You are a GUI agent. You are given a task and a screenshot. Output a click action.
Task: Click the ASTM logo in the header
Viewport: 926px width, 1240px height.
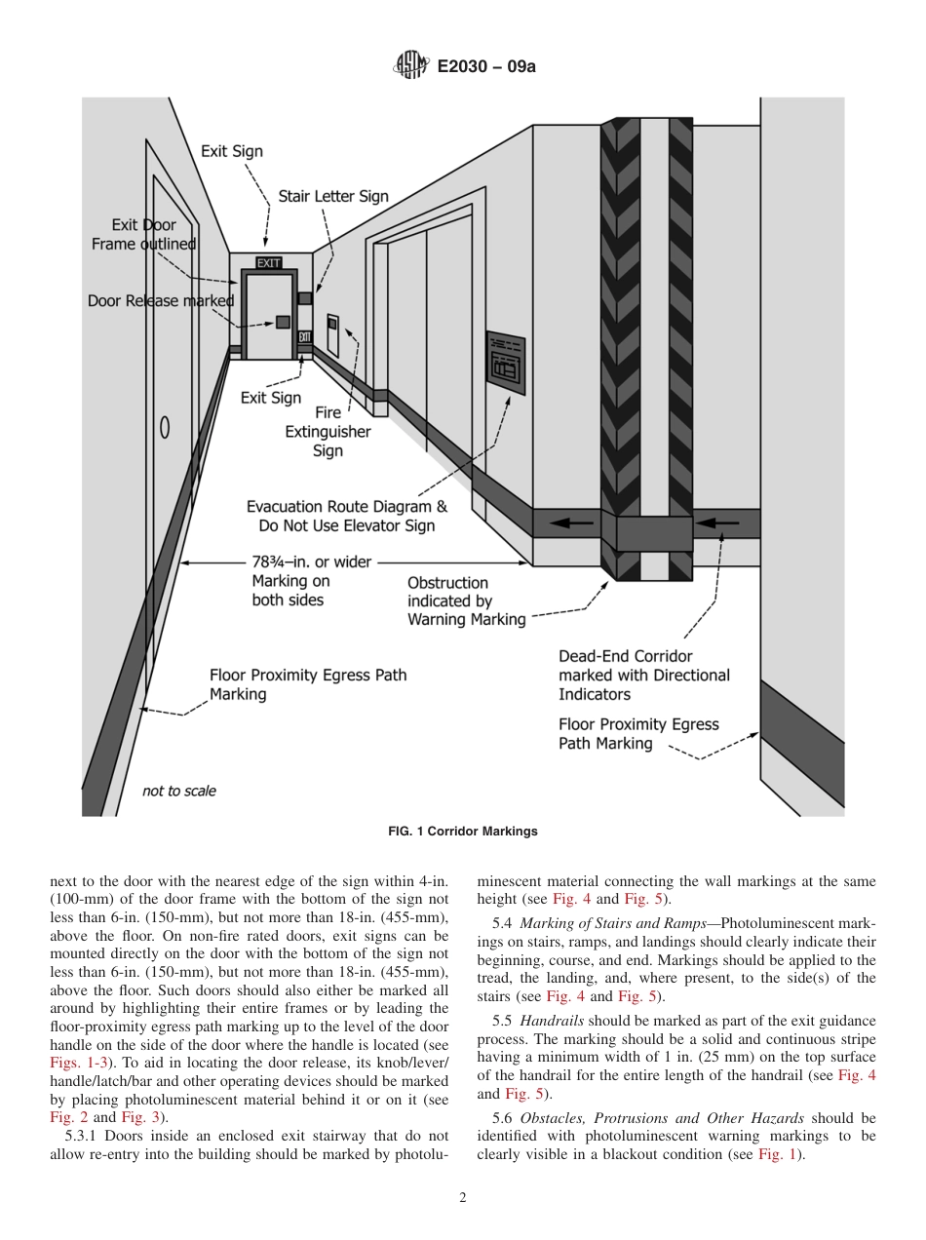(410, 66)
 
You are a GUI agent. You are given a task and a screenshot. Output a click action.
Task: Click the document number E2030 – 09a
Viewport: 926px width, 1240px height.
(486, 67)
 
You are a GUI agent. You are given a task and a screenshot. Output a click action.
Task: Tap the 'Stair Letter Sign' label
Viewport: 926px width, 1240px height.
(333, 196)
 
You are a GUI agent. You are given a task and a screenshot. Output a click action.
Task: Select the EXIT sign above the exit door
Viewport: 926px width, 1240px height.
(268, 263)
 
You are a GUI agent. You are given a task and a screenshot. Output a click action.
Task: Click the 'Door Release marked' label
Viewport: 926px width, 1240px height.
(161, 301)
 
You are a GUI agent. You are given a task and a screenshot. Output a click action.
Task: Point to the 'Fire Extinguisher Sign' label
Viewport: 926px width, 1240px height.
(328, 432)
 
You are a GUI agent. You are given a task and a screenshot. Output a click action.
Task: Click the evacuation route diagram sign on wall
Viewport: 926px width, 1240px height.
(506, 360)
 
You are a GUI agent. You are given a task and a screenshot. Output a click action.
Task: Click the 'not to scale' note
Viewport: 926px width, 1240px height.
(179, 791)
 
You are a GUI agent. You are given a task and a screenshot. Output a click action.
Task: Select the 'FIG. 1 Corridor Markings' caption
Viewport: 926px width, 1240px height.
(463, 832)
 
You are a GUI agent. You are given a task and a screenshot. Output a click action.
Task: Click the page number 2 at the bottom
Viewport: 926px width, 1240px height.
(463, 1198)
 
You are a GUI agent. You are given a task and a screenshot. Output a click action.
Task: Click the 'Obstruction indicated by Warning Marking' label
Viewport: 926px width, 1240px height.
(465, 601)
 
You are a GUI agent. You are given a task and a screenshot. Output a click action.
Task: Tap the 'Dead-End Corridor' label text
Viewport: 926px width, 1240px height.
(625, 656)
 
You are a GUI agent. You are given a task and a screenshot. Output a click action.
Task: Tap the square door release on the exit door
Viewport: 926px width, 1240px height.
(282, 322)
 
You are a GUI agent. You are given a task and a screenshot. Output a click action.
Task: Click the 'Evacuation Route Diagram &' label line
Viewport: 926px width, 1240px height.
(346, 507)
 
